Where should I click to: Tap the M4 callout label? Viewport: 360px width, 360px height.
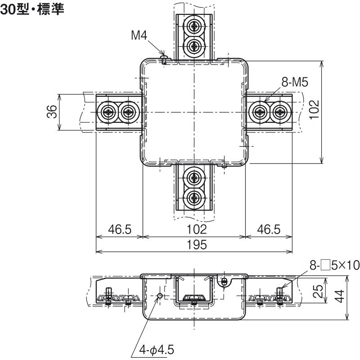point(139,36)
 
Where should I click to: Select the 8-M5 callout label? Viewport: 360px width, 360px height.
point(295,82)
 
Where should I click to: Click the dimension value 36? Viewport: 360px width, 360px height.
point(52,112)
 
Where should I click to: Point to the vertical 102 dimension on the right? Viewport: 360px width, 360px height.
point(314,109)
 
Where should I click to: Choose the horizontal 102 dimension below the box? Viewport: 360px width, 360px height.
point(197,229)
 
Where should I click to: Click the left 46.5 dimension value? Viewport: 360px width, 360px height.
point(120,229)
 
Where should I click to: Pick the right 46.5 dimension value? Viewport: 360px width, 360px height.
point(269,229)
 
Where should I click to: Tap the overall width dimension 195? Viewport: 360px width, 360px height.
point(197,245)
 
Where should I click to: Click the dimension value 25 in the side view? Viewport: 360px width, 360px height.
point(318,291)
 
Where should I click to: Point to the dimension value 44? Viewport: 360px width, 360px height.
point(340,296)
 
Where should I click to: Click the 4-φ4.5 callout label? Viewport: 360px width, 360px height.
point(157,350)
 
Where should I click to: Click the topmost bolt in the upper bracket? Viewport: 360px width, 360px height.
point(194,26)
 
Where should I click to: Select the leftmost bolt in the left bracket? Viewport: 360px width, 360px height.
point(108,112)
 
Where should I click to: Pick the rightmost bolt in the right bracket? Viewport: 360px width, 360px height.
point(279,112)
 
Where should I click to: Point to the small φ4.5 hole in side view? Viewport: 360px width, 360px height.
point(160,296)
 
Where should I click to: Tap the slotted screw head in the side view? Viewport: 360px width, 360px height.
point(224,280)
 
